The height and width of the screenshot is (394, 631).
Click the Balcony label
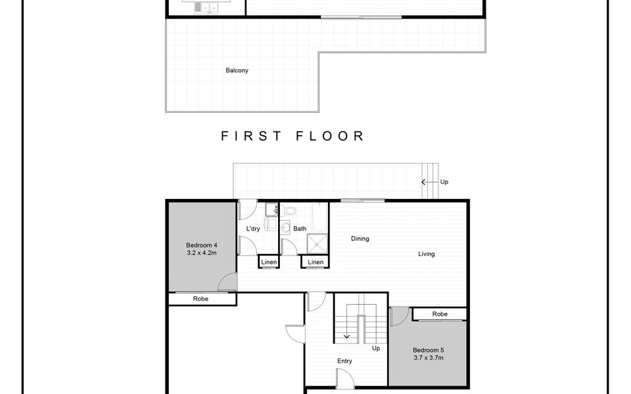coord(237,70)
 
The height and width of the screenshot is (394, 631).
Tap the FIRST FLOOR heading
coord(292,136)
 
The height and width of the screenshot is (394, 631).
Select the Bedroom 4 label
coord(202,245)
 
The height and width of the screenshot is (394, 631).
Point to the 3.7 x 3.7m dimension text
coord(428,358)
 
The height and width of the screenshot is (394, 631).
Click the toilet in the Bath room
coord(289,210)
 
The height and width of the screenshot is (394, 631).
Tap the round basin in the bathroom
coord(285,228)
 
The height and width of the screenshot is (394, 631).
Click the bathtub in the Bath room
coord(320,217)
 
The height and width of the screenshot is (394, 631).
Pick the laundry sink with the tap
coord(271,209)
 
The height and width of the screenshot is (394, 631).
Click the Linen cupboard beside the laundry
coord(269,262)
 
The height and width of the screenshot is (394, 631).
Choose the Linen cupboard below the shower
coord(315,262)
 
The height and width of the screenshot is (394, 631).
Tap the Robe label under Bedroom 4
coord(200,299)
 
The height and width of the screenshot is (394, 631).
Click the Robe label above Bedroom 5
coord(440,314)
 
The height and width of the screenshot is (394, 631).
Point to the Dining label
coord(360,238)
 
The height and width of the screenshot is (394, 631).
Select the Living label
coord(426,253)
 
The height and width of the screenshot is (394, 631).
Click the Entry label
coord(344,361)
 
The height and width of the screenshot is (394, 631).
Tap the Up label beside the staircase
coord(375,348)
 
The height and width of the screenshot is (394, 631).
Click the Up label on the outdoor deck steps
coord(444,182)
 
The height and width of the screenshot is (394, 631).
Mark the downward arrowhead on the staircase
coord(346,336)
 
